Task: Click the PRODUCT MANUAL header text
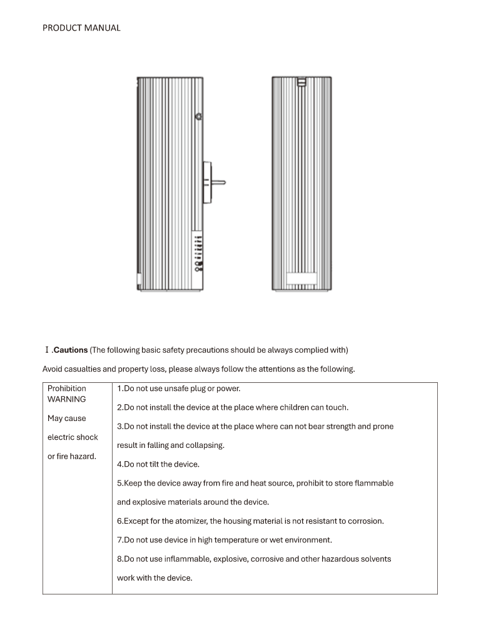(x=81, y=28)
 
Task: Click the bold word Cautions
(x=71, y=350)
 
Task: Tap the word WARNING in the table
(x=67, y=399)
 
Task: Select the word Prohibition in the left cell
(x=67, y=389)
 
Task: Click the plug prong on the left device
(x=220, y=183)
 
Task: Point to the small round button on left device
(x=198, y=116)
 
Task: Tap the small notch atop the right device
(x=301, y=81)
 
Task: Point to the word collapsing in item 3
(x=203, y=445)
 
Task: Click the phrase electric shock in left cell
(x=73, y=437)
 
